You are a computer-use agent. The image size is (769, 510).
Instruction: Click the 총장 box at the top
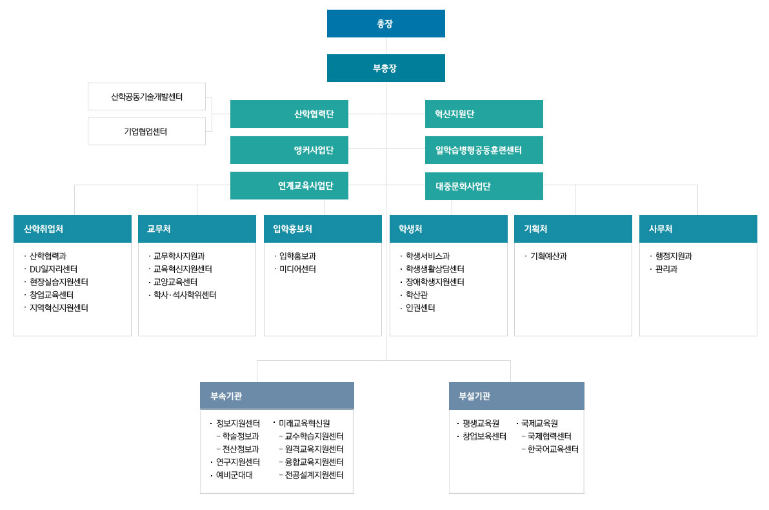(x=386, y=23)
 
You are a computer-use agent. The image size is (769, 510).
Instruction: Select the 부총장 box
(x=386, y=68)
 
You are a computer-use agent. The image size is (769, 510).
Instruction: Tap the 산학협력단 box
(x=290, y=114)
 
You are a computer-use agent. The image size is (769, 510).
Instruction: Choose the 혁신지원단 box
(x=484, y=114)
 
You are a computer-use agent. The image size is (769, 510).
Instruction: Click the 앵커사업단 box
(x=290, y=150)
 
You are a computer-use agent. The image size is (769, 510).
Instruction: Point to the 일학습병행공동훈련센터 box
(x=484, y=150)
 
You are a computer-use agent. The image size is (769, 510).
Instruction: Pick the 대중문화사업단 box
(x=484, y=186)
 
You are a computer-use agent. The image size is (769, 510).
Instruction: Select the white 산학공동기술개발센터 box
(x=146, y=97)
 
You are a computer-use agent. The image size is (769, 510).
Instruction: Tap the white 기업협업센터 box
(x=146, y=132)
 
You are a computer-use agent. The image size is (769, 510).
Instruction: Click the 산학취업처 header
(x=73, y=229)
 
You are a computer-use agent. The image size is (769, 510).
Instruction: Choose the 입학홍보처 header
(x=323, y=229)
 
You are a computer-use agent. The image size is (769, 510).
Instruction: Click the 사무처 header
(x=699, y=229)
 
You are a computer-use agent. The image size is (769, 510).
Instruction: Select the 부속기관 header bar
(x=277, y=396)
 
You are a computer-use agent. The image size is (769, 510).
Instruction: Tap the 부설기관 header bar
(x=517, y=396)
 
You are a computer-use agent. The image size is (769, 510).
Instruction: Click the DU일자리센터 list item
(x=54, y=269)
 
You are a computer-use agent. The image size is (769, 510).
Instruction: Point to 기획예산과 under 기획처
(x=548, y=256)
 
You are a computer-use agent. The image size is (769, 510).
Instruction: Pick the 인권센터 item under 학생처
(x=420, y=308)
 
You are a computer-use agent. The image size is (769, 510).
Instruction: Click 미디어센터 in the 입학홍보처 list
(x=297, y=269)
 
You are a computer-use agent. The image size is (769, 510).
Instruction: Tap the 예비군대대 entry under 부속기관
(x=234, y=475)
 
